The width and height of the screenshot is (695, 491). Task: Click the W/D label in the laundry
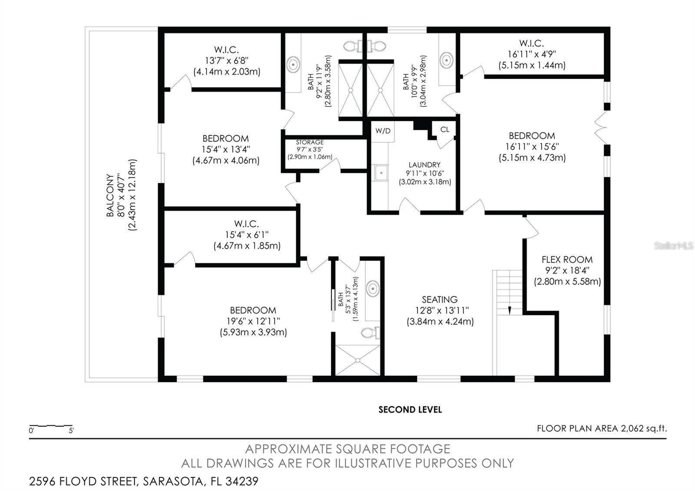(x=383, y=131)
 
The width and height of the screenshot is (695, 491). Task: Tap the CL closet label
(x=445, y=129)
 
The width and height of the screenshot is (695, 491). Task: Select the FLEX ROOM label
(x=567, y=259)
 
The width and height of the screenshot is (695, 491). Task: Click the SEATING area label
(x=440, y=299)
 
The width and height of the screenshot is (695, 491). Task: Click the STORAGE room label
(x=310, y=143)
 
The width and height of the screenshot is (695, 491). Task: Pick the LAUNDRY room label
(x=424, y=165)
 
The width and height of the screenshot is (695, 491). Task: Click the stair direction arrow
(x=510, y=310)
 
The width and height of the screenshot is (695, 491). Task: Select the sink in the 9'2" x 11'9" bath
(x=293, y=64)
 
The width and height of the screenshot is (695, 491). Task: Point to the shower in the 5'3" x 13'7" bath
(x=358, y=360)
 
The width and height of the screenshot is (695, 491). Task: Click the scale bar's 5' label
(x=71, y=431)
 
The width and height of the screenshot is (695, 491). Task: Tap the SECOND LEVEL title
(x=410, y=409)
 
